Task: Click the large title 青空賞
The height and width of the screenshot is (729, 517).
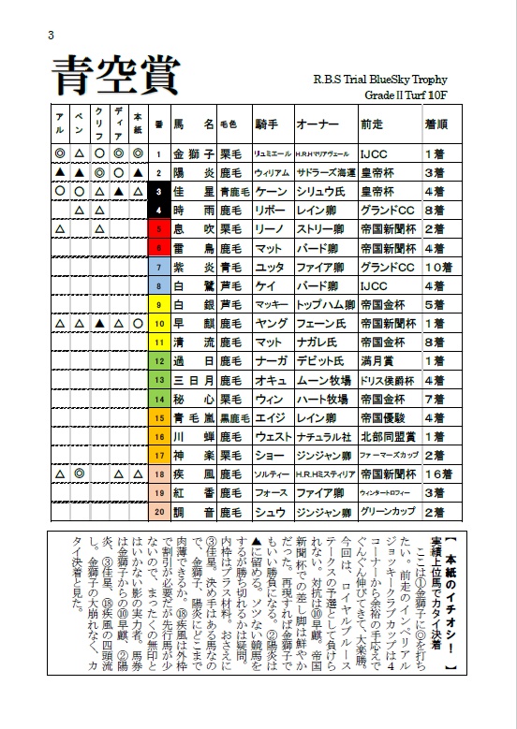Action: pos(114,75)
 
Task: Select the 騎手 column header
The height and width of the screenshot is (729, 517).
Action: pos(267,124)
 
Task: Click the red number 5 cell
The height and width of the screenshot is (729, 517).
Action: pos(159,228)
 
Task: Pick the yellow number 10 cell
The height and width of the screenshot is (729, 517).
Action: pos(159,323)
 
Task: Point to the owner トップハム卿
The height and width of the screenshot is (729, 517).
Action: pos(322,304)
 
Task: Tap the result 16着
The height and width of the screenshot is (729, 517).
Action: pos(437,474)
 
